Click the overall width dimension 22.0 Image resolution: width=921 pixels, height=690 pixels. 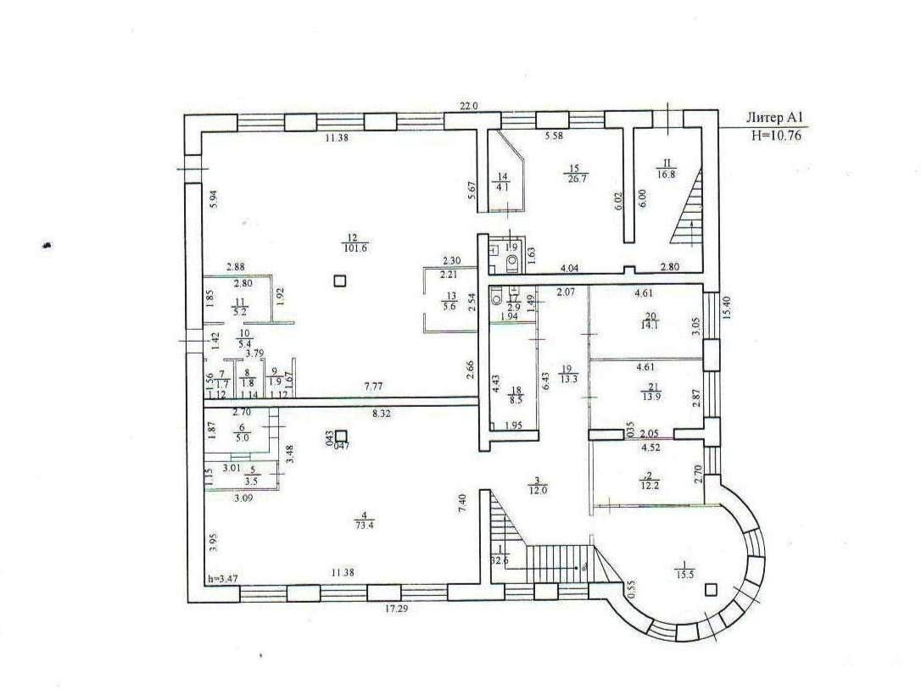point(469,106)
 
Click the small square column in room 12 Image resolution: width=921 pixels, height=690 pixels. point(340,281)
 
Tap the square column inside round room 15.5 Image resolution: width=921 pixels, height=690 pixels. point(711,589)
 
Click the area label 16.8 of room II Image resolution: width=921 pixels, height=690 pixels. point(667,174)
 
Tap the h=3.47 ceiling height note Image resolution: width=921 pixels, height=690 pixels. point(222,579)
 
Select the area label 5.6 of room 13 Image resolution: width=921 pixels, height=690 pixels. point(450,307)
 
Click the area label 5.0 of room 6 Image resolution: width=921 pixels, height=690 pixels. point(242,439)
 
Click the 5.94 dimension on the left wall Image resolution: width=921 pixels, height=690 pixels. point(214,199)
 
